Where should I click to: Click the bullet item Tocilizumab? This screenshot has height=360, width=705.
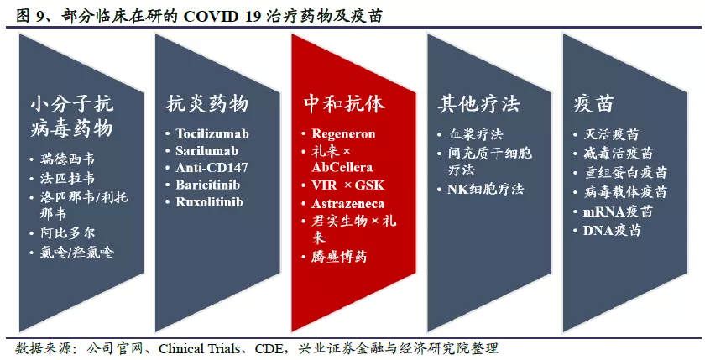(212, 133)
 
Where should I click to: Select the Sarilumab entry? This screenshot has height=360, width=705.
(206, 150)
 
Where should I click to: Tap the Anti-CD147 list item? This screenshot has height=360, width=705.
(211, 168)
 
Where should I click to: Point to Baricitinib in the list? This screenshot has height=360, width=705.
(208, 185)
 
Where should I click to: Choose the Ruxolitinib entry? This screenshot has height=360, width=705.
(210, 201)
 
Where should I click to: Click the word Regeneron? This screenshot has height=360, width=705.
(343, 133)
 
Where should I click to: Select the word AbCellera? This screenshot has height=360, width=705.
(342, 167)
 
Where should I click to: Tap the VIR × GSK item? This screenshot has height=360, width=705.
(348, 185)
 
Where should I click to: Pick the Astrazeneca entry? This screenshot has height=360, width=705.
(348, 204)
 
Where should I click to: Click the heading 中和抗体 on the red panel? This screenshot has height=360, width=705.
(344, 103)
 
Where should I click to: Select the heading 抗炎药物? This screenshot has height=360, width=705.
(207, 103)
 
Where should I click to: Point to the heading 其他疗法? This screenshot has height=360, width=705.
(479, 103)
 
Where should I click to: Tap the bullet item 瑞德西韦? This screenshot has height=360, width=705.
(68, 159)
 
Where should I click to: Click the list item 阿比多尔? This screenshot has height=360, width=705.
(68, 232)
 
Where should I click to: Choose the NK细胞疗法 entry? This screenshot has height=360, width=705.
(486, 189)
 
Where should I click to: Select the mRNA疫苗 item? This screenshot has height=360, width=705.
(619, 211)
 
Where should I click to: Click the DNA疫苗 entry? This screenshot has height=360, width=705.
(612, 230)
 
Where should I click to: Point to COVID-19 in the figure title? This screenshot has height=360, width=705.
(221, 16)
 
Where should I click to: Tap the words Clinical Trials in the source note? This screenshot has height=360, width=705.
(199, 349)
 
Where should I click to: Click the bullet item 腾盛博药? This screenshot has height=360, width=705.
(339, 257)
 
